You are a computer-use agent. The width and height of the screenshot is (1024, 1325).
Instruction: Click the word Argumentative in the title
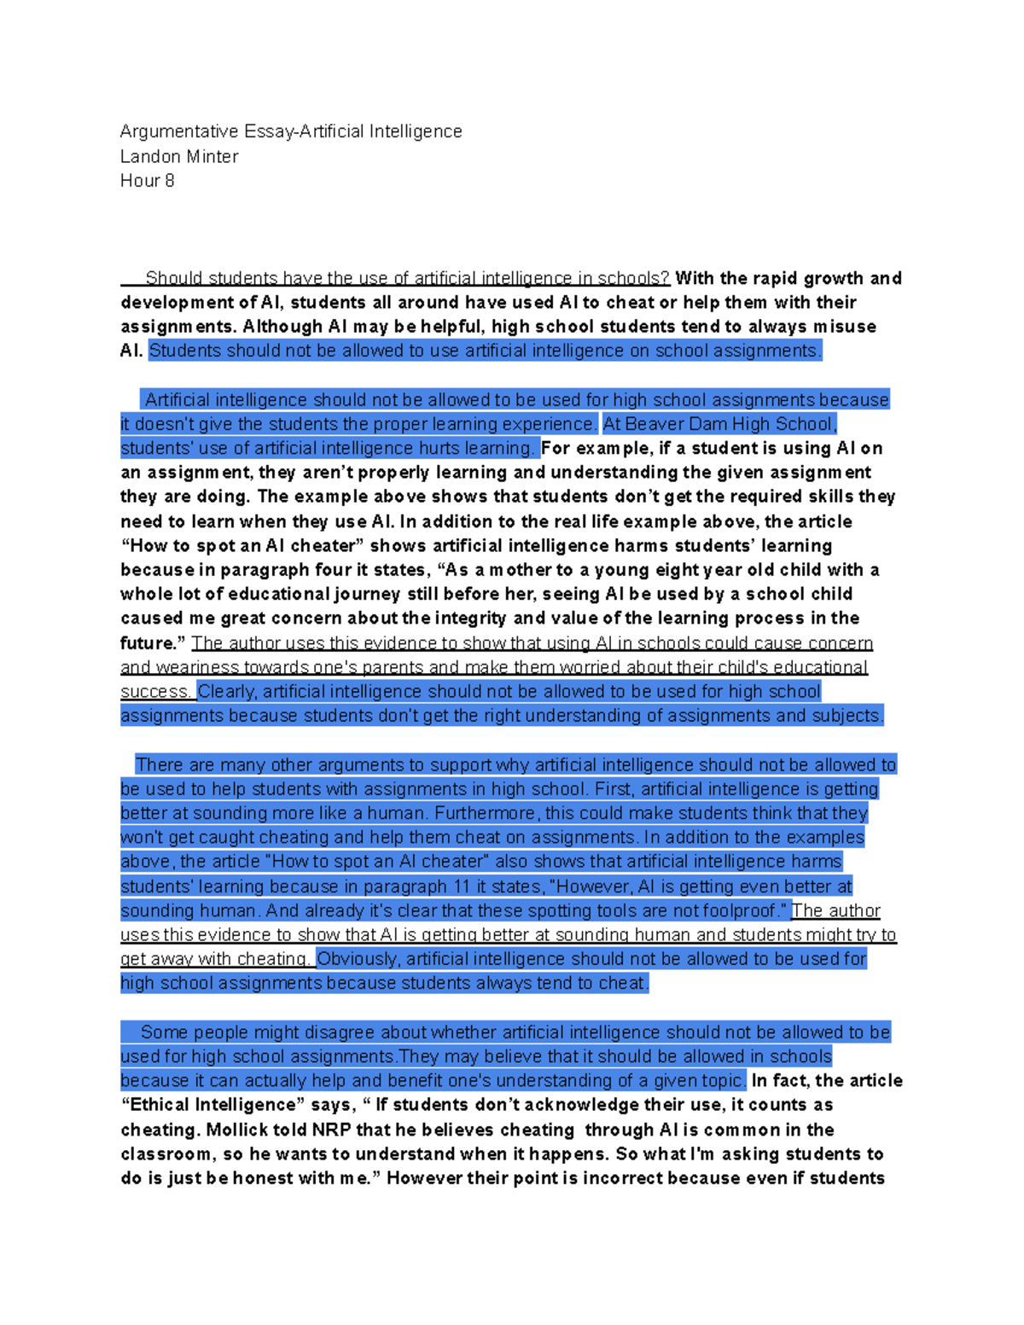(x=179, y=131)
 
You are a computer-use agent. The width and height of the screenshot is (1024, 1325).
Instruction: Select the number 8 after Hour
(x=170, y=180)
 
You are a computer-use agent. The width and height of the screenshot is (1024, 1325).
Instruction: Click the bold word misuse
(x=844, y=326)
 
